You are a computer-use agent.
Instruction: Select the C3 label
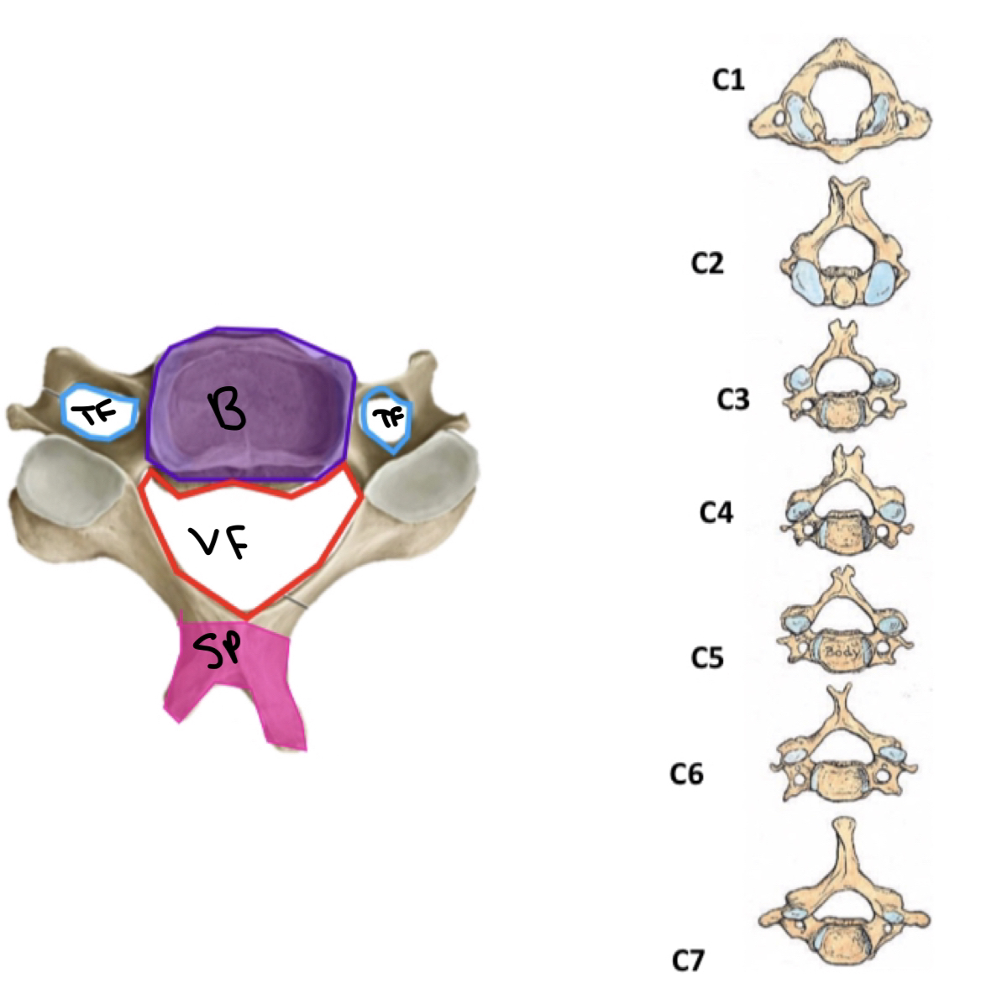pos(732,400)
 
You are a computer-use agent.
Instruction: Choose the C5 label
pos(707,658)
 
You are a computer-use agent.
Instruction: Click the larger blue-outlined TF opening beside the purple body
pos(101,411)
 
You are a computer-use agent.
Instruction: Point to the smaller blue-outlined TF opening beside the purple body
pos(387,416)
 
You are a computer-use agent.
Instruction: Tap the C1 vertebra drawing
pos(841,100)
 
